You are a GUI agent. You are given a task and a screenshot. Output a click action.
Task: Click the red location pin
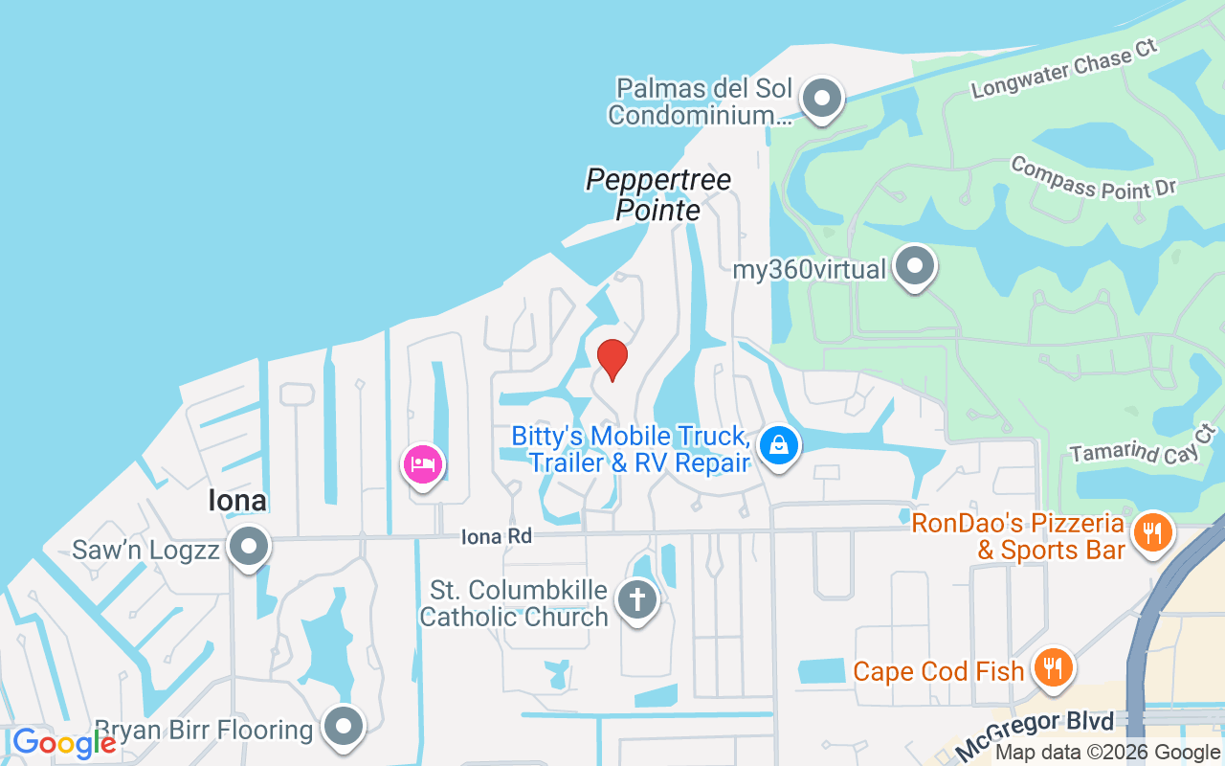612,359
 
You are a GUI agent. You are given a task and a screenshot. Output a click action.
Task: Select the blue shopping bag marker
780,445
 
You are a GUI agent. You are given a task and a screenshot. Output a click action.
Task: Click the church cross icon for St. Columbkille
636,600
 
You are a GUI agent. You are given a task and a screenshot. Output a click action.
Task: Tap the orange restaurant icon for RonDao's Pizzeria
1153,532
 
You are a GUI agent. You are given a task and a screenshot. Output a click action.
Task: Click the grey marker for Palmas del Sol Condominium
820,98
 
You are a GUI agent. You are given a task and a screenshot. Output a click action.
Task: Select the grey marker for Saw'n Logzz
250,548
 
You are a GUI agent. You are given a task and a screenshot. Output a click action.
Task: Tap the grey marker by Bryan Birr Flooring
343,727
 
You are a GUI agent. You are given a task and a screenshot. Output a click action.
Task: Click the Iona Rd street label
496,536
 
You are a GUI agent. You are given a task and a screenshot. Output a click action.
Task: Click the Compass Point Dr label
1093,178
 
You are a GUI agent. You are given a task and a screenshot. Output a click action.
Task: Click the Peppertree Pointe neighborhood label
658,194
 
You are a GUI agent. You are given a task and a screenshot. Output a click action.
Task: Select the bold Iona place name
236,501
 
